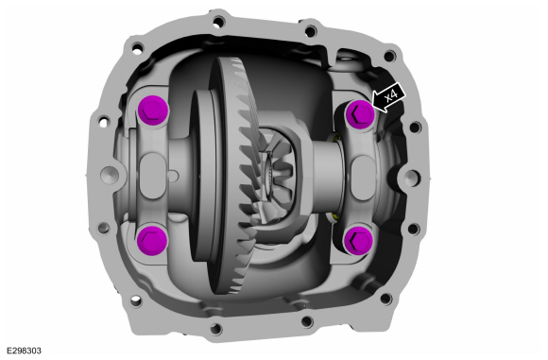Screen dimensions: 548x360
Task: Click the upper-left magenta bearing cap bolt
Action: coord(153,111)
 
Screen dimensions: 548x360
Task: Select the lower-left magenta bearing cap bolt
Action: coord(152,239)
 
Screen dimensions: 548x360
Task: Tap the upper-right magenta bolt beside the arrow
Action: coord(360,114)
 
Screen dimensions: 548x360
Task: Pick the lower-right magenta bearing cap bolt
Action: coord(358,241)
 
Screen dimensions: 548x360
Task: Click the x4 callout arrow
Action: coord(388,98)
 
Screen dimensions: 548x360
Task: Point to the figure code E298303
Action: coord(24,351)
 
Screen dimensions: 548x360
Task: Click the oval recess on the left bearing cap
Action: coord(152,176)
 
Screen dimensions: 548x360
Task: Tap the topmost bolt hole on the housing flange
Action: coord(218,23)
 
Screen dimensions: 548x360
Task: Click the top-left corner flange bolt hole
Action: coord(137,47)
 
